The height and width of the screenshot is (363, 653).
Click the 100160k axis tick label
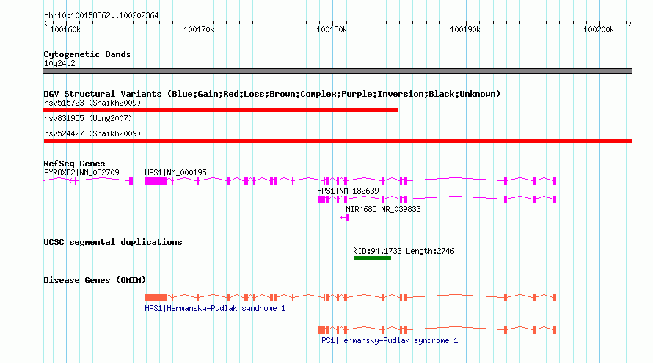(65, 29)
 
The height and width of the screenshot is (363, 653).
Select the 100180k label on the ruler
(332, 29)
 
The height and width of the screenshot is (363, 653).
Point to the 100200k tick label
(599, 29)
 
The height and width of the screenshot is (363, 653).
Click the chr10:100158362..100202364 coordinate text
(101, 16)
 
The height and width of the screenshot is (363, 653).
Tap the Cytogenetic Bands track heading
(87, 54)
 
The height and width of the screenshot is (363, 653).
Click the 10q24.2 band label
(59, 63)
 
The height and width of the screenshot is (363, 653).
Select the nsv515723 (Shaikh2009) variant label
(92, 103)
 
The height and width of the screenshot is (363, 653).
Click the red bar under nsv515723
(220, 110)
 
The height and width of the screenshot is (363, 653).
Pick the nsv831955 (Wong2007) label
(88, 118)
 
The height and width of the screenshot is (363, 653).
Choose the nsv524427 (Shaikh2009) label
(92, 133)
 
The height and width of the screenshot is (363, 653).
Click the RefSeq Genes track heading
(74, 164)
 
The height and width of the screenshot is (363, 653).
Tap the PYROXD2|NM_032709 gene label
(81, 172)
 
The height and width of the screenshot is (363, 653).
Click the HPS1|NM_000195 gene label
(175, 172)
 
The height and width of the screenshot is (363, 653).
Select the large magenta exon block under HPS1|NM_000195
(156, 181)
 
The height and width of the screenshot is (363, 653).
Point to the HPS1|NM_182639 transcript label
(348, 191)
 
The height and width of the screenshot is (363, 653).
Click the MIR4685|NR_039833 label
(383, 209)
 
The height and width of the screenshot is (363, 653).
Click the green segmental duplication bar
(372, 258)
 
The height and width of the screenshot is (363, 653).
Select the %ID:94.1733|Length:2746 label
(404, 251)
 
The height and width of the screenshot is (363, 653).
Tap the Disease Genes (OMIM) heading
(95, 280)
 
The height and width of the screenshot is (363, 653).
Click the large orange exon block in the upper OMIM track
(156, 298)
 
